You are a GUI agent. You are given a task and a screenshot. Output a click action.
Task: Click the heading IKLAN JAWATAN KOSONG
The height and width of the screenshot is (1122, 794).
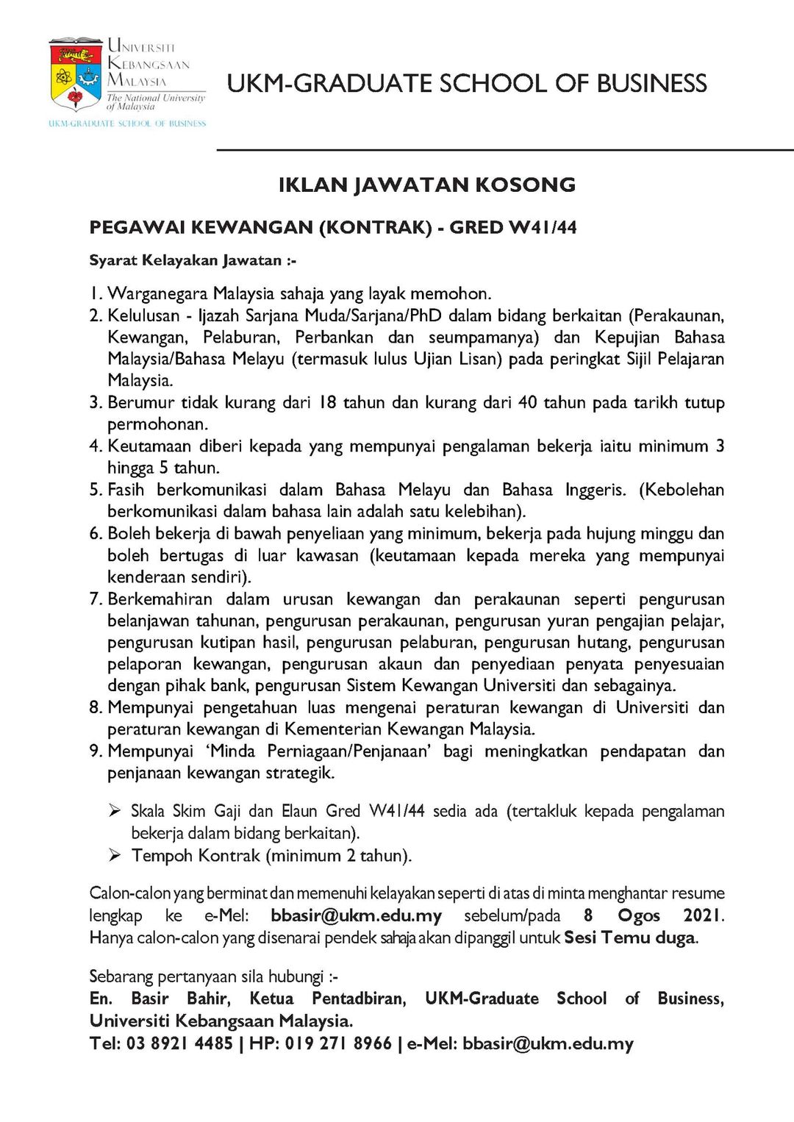tap(426, 185)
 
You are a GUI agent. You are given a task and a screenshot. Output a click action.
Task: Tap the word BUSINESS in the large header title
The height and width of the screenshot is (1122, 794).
tap(651, 84)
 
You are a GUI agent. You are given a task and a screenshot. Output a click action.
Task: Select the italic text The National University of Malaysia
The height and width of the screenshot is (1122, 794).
tap(155, 101)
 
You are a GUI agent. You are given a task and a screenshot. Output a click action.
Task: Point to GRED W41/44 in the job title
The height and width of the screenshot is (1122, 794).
tap(513, 227)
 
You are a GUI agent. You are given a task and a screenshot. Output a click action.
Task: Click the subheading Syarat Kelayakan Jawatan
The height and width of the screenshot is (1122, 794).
tap(193, 260)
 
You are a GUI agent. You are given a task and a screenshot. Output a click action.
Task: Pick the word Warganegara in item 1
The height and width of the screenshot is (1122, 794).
tap(157, 293)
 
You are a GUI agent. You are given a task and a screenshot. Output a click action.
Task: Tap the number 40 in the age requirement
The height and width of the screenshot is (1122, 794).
tap(527, 402)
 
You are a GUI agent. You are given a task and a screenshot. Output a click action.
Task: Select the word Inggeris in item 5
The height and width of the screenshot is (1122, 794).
tap(595, 490)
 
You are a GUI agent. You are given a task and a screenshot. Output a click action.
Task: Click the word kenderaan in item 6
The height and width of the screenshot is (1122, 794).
tap(145, 576)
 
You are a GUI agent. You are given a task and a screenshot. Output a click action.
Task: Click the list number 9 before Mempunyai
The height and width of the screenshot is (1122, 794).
tap(95, 751)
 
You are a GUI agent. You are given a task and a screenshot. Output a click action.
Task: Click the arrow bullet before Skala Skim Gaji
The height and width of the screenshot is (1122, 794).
tap(115, 810)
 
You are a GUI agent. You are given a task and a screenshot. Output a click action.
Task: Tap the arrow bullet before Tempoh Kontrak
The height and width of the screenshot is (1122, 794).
tap(115, 854)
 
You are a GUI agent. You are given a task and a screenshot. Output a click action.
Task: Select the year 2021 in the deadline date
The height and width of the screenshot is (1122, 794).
tap(703, 915)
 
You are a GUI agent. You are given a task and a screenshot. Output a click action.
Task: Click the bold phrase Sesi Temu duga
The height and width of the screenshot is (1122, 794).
tap(630, 937)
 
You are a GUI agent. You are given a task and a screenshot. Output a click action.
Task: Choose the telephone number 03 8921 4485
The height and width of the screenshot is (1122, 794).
tap(179, 1043)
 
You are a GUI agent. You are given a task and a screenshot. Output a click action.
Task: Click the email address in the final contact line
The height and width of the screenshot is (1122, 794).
tap(548, 1043)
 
